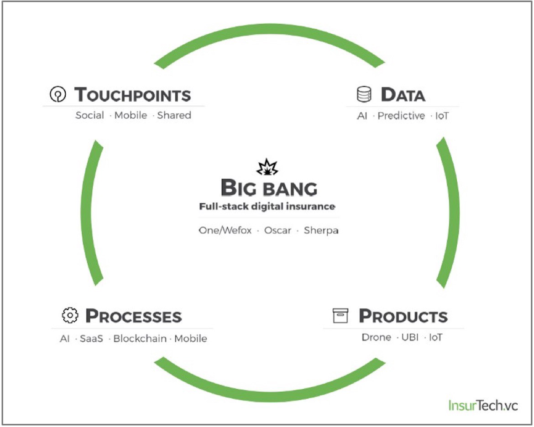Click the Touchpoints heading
(132, 94)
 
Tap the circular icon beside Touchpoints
(58, 94)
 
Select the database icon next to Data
(364, 94)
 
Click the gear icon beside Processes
(70, 315)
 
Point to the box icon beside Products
(340, 315)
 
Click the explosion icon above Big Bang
(267, 167)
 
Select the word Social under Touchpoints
(89, 115)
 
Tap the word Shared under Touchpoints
(174, 115)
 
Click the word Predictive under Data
(401, 116)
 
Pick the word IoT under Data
(442, 116)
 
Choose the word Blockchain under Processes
(140, 339)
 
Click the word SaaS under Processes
(91, 339)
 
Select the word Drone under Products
(377, 337)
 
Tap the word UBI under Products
(410, 337)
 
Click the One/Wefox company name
(225, 231)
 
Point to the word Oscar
(277, 231)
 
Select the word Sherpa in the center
(321, 231)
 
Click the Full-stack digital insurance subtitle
(267, 206)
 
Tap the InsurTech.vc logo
(483, 405)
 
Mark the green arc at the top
(269, 29)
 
